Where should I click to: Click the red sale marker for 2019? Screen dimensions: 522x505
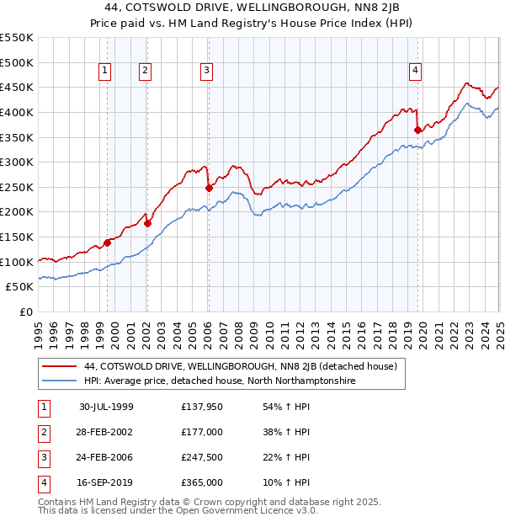[x=417, y=130]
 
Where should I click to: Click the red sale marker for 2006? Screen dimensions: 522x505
[x=209, y=189]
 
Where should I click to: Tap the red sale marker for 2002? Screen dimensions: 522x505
[x=147, y=223]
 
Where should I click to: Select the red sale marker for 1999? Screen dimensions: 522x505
[x=108, y=242]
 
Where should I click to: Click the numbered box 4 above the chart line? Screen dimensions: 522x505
[x=416, y=72]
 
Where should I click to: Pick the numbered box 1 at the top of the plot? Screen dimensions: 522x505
[x=105, y=72]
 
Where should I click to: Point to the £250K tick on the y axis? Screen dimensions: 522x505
[x=17, y=187]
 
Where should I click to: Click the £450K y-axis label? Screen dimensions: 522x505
[x=17, y=87]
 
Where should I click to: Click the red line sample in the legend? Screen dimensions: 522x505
[x=59, y=366]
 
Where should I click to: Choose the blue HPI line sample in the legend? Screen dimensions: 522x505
[x=59, y=381]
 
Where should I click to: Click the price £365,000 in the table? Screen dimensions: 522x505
[x=202, y=483]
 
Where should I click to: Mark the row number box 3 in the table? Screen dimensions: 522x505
[x=41, y=458]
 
